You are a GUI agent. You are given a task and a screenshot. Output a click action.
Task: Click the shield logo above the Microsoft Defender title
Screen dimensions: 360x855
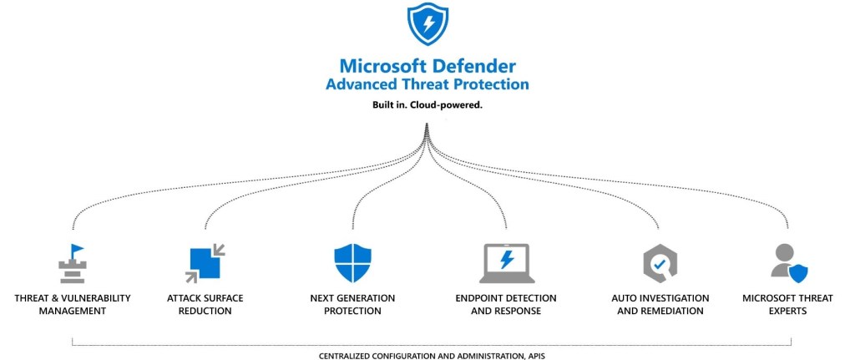click(427, 24)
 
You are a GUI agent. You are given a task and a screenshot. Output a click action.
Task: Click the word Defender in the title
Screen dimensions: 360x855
click(475, 66)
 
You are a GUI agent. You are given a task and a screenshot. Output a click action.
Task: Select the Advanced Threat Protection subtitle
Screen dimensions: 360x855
click(427, 84)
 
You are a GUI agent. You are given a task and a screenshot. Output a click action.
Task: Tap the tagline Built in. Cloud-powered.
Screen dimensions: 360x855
click(427, 106)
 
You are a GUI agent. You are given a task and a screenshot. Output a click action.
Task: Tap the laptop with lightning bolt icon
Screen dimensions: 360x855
click(506, 264)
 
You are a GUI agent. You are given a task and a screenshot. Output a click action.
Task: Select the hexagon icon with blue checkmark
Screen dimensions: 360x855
click(660, 264)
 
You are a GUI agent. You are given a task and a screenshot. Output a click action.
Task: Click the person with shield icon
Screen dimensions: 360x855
click(788, 263)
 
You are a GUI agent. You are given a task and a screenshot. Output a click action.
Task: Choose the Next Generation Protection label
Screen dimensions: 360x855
click(352, 305)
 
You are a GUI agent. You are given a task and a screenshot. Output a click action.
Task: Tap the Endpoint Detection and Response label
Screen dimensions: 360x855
click(506, 305)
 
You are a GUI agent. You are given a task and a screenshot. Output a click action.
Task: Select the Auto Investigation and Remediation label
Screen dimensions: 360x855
click(660, 305)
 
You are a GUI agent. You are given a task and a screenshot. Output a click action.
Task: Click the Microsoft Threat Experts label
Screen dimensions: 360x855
click(787, 305)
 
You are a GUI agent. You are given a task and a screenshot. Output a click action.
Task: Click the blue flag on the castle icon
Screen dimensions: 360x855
click(78, 250)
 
